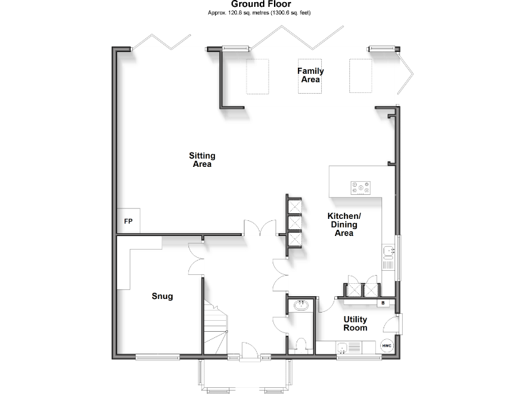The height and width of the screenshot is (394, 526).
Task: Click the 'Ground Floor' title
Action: (260, 4)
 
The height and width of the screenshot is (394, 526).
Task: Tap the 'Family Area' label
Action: (310, 75)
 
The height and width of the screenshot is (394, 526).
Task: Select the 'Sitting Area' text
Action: (201, 160)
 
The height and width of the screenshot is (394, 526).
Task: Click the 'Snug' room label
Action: (162, 296)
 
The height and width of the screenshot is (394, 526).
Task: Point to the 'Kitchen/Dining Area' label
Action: (343, 224)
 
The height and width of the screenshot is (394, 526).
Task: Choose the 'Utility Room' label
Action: (355, 324)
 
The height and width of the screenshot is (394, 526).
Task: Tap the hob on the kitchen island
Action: (361, 187)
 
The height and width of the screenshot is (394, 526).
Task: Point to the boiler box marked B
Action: (384, 302)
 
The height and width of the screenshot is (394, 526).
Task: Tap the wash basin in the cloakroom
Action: (301, 306)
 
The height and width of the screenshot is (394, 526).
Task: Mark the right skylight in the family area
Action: (360, 75)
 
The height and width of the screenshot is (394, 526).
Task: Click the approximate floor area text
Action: (260, 13)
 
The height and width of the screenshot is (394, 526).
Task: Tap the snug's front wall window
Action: (157, 356)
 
